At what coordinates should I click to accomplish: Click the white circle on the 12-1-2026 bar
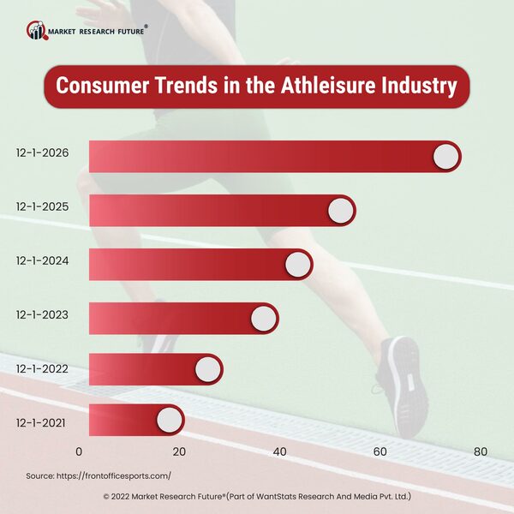click(x=445, y=157)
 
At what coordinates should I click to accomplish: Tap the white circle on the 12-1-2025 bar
click(x=340, y=210)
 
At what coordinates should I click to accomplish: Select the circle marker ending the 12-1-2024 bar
click(x=297, y=264)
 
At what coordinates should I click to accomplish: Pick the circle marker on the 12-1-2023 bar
click(x=263, y=318)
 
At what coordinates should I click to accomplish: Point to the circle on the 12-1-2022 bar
click(x=207, y=369)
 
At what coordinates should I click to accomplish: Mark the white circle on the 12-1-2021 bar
click(x=169, y=421)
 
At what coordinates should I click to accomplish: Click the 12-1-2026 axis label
click(x=42, y=154)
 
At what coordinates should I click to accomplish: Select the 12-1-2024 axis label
click(x=42, y=260)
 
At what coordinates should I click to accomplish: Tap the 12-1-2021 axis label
click(x=42, y=421)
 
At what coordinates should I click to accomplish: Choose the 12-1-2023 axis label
click(x=42, y=314)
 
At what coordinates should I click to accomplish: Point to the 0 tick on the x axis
click(x=80, y=451)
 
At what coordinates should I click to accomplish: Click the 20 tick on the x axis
click(x=179, y=451)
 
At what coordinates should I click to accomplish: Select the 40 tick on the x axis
click(x=279, y=451)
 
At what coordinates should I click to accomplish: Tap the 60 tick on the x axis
click(x=380, y=451)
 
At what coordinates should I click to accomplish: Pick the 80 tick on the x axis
click(x=480, y=451)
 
